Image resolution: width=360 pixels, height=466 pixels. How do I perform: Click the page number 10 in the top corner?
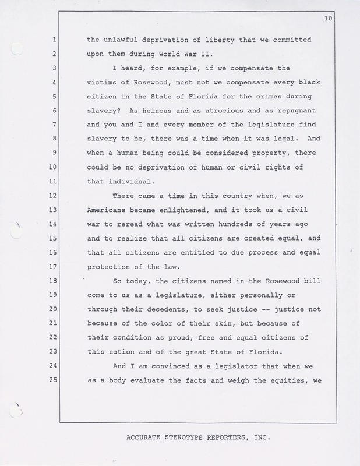point(328,19)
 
